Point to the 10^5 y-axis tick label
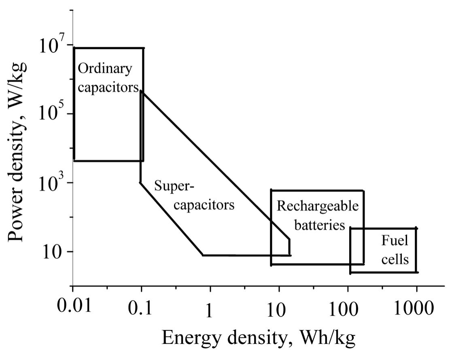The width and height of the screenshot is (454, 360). click(50, 114)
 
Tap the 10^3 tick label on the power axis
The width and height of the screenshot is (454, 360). click(50, 183)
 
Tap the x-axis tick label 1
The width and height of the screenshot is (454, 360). click(209, 311)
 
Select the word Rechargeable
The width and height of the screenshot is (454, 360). click(317, 207)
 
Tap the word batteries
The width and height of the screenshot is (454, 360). click(319, 225)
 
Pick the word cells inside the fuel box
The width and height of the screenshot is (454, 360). click(395, 259)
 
